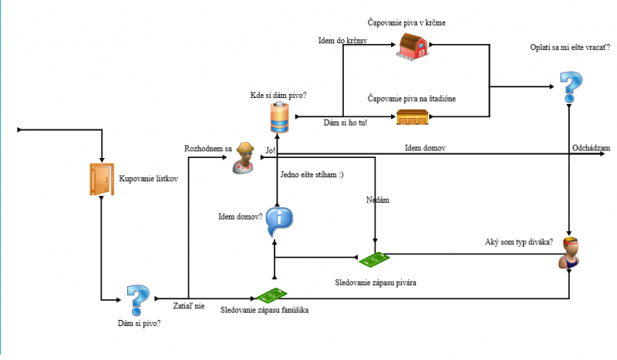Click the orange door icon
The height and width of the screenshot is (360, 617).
(101, 179)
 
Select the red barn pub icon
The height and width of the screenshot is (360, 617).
(412, 46)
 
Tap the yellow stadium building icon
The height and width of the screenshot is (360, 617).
(412, 117)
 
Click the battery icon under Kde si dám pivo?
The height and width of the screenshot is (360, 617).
(279, 117)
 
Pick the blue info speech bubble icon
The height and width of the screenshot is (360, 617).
(279, 222)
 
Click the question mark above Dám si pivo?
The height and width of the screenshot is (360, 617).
(137, 298)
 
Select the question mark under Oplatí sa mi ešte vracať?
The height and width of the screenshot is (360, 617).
(569, 87)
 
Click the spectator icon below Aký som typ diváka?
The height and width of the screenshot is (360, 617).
(569, 253)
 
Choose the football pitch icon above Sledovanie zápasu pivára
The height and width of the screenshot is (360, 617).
(375, 259)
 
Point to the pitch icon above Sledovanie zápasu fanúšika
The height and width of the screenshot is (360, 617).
(271, 296)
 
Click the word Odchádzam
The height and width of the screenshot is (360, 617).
(591, 147)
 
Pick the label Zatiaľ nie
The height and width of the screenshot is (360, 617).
(189, 306)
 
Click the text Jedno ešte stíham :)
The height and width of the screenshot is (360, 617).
(312, 175)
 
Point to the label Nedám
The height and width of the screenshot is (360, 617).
(378, 200)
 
